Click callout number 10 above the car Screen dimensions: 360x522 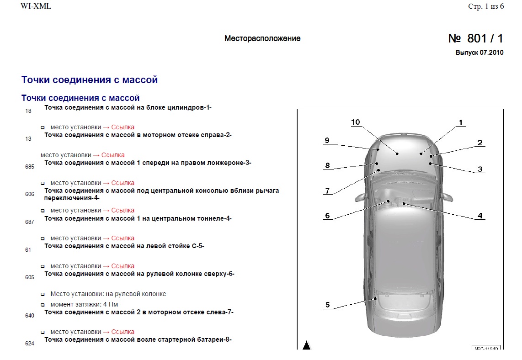coord(356,122)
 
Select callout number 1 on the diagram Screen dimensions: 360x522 coord(461,122)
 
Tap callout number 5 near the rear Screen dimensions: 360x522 coord(327,305)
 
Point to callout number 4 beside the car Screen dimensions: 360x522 coord(480,216)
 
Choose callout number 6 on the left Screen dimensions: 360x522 coord(327,216)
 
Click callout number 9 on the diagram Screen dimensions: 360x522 coord(327,141)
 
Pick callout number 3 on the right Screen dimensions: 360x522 coord(480,169)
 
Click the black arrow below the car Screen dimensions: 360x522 coord(306,345)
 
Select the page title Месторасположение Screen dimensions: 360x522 coord(262,39)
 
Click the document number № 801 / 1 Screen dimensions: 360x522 coord(475,39)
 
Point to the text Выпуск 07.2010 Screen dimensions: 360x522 coord(479,53)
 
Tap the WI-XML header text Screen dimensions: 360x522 coord(36,7)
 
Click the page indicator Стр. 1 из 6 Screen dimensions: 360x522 coord(486,7)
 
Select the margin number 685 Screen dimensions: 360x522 coord(29,167)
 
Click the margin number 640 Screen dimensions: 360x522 coord(29,316)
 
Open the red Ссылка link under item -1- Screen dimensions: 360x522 coord(123,127)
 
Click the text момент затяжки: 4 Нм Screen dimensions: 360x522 coord(85,304)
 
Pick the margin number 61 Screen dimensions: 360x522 coord(28,250)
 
